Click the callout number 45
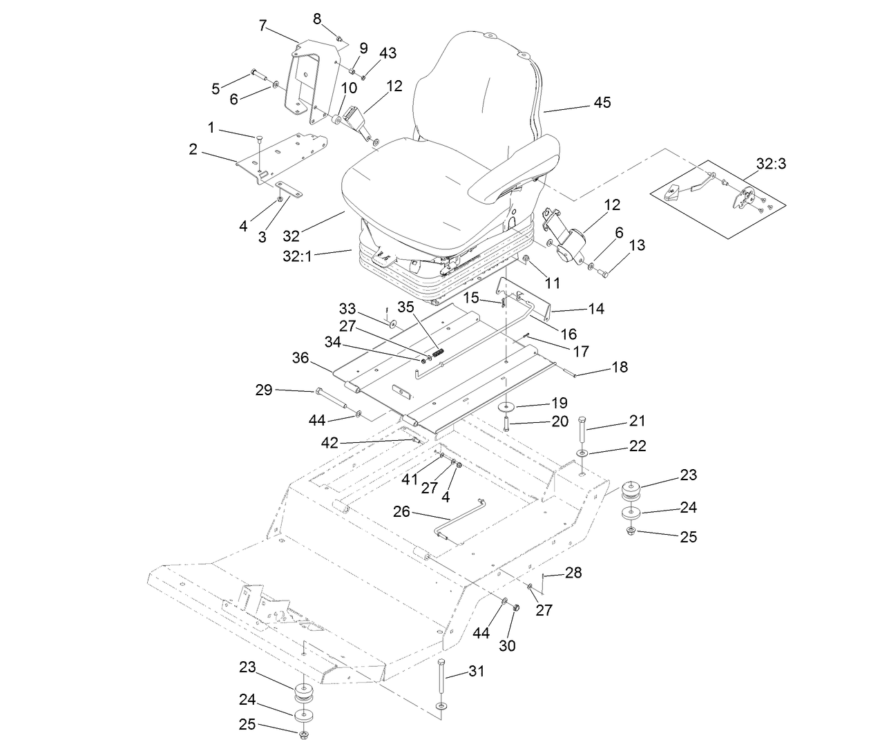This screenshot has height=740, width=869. [x=602, y=102]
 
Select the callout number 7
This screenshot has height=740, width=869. [x=263, y=26]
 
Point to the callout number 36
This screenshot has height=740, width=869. [x=300, y=358]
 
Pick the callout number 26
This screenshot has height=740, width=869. [x=401, y=512]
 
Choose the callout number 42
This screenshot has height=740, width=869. [x=330, y=443]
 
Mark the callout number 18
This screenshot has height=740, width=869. [x=620, y=367]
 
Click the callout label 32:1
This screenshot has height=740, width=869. [x=298, y=255]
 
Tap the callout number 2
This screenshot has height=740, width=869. [x=193, y=149]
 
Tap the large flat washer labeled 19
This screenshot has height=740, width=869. [x=508, y=405]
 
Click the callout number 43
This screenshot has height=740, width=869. [x=388, y=53]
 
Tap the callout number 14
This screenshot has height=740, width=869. [x=595, y=309]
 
